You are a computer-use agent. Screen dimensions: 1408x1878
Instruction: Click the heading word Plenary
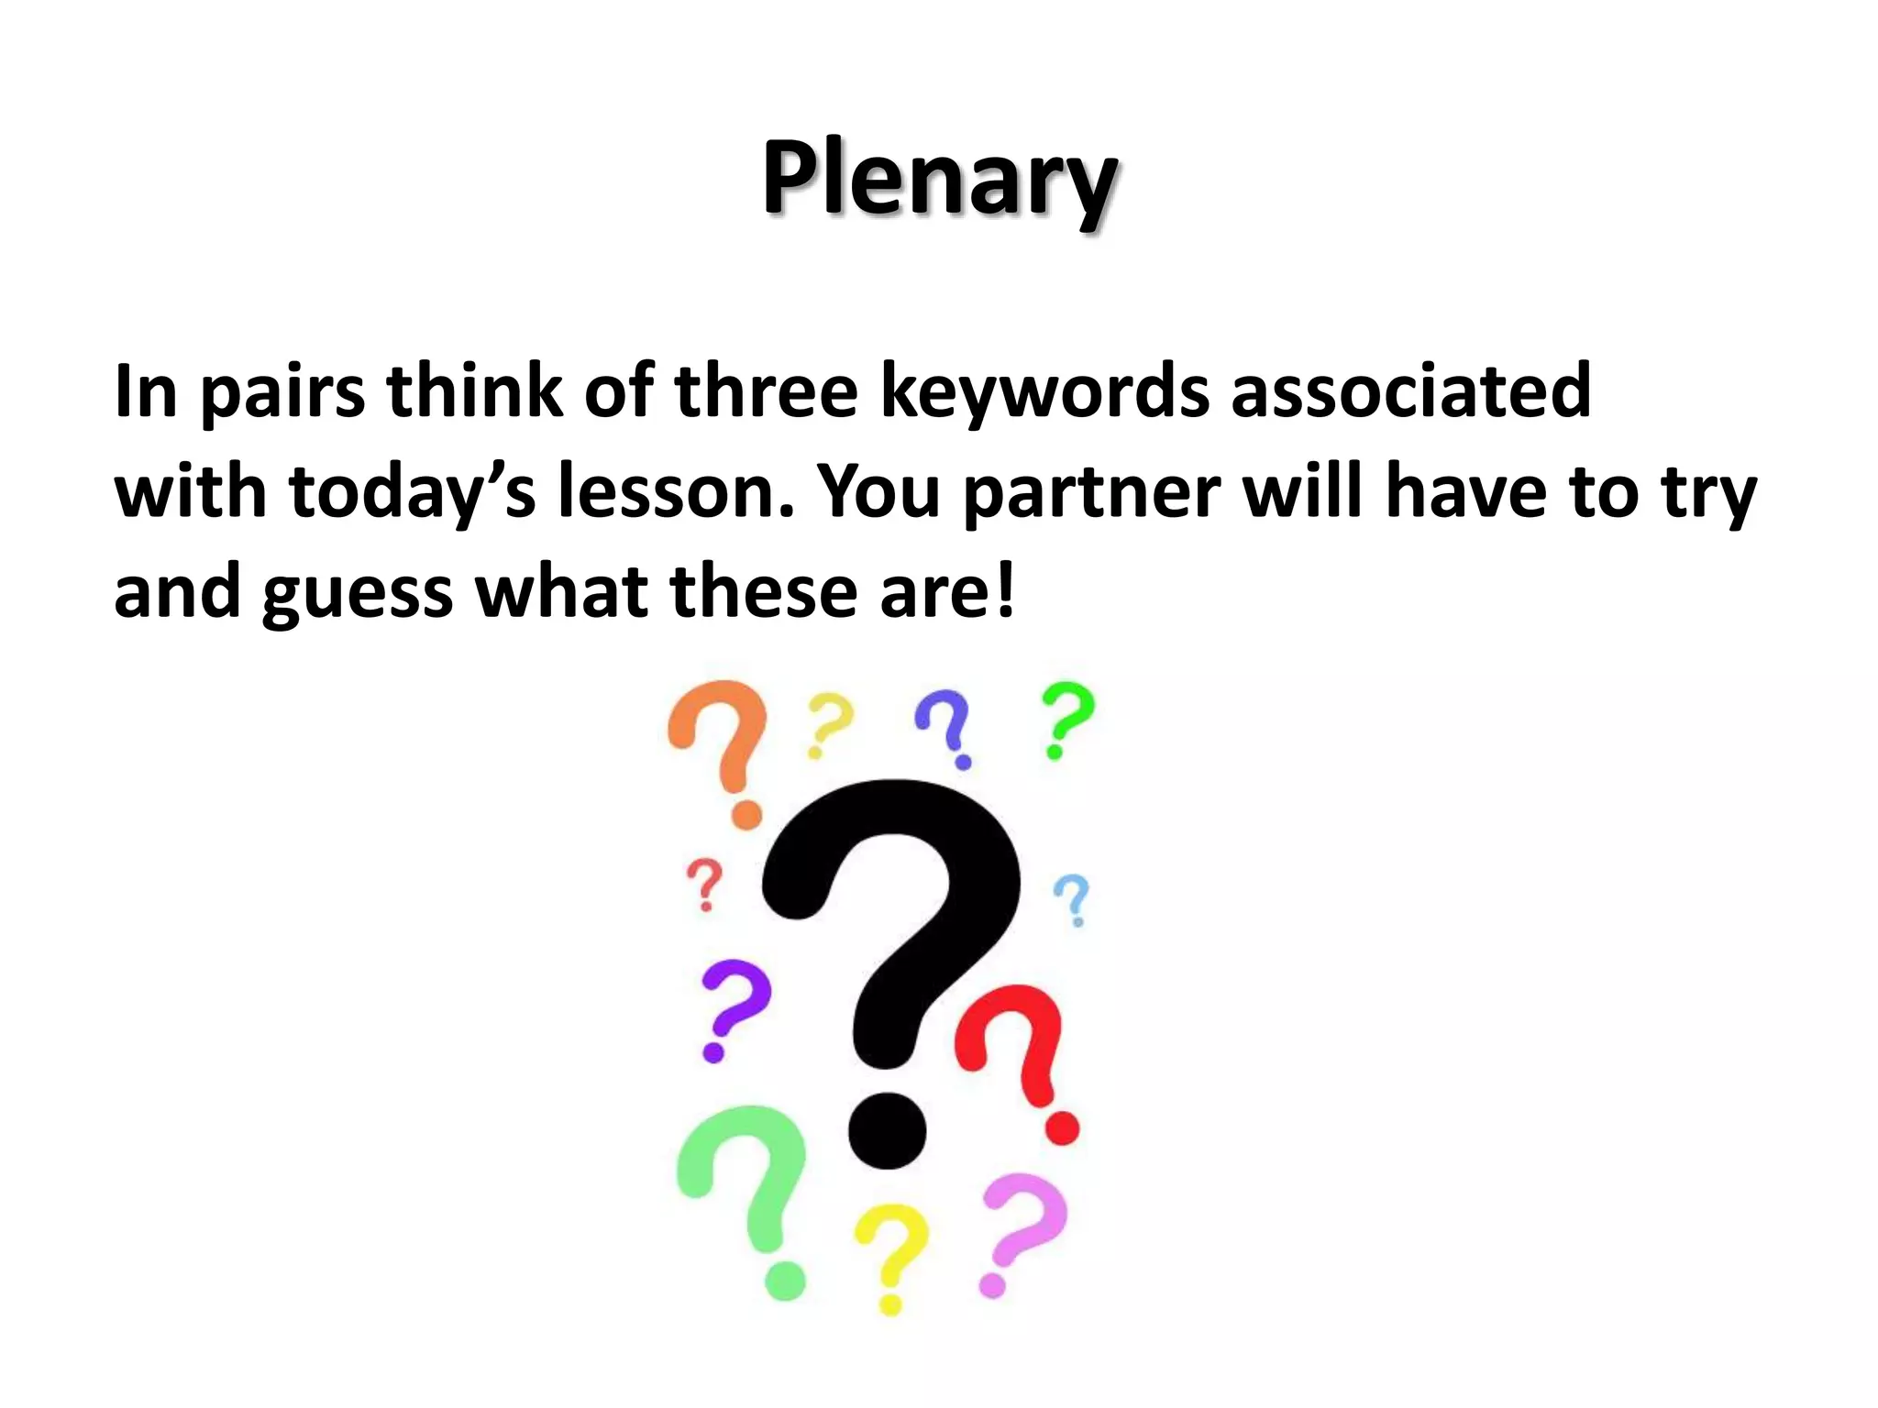939,180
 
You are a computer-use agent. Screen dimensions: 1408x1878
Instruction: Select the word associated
1409,392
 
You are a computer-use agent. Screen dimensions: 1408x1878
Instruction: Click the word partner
1091,493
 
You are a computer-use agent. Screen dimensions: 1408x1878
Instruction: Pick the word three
766,392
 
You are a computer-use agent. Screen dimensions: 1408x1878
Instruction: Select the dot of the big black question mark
887,1130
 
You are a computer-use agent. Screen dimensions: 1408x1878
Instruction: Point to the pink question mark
1020,1228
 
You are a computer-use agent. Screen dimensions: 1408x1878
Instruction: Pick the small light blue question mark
1072,898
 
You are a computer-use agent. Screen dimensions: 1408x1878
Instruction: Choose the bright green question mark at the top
1066,720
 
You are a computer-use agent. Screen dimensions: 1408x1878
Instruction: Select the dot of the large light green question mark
784,1280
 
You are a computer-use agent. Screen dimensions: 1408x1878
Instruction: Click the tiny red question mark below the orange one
704,884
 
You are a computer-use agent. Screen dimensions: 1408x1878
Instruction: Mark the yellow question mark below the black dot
889,1256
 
